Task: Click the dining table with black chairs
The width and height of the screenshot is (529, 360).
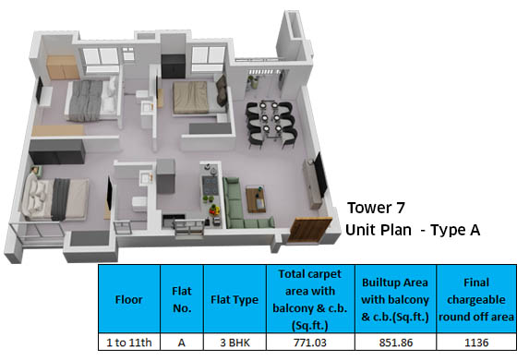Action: pos(268,118)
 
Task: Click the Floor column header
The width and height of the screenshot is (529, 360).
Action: pos(128,299)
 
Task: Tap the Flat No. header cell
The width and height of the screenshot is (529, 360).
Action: pos(181,299)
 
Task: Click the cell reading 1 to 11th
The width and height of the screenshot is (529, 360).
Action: pos(128,342)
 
